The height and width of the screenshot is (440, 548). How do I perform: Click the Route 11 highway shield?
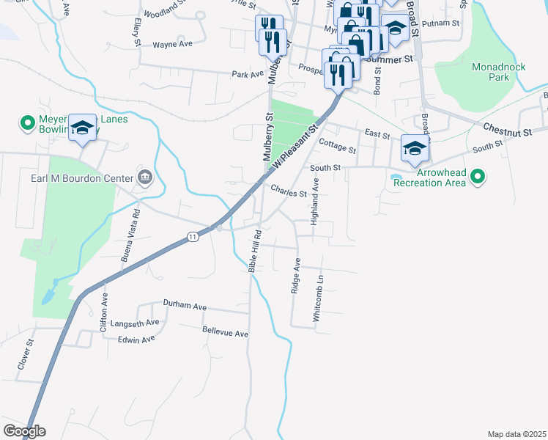tap(192, 237)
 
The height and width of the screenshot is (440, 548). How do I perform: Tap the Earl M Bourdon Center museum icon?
tap(145, 177)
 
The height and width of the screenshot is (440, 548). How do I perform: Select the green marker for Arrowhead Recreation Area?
tap(478, 176)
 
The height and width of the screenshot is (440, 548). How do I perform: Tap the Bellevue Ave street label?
tap(225, 333)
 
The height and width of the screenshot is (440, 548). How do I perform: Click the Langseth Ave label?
tap(134, 323)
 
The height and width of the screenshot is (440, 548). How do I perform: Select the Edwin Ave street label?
tap(136, 340)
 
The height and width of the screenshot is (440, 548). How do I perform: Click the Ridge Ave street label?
tap(296, 276)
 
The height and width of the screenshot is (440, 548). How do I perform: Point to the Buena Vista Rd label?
tap(130, 235)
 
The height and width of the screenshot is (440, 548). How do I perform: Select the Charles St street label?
tap(289, 194)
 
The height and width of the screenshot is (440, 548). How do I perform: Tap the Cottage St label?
tap(338, 148)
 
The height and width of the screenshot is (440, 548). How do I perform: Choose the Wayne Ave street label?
tap(172, 45)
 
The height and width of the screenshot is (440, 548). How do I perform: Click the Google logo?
tap(24, 431)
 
